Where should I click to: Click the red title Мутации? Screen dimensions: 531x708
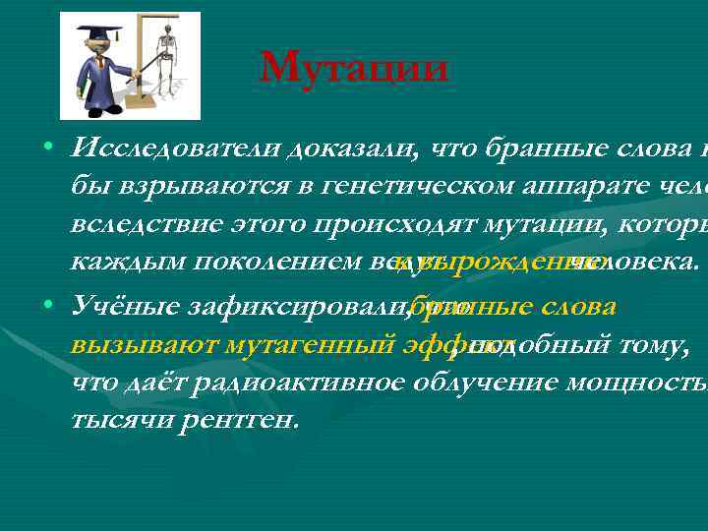pyautogui.click(x=355, y=68)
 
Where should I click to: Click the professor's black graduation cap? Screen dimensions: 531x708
pyautogui.click(x=103, y=32)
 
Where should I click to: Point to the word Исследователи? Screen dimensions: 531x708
pyautogui.click(x=175, y=148)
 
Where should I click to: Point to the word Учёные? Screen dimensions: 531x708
pyautogui.click(x=117, y=307)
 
